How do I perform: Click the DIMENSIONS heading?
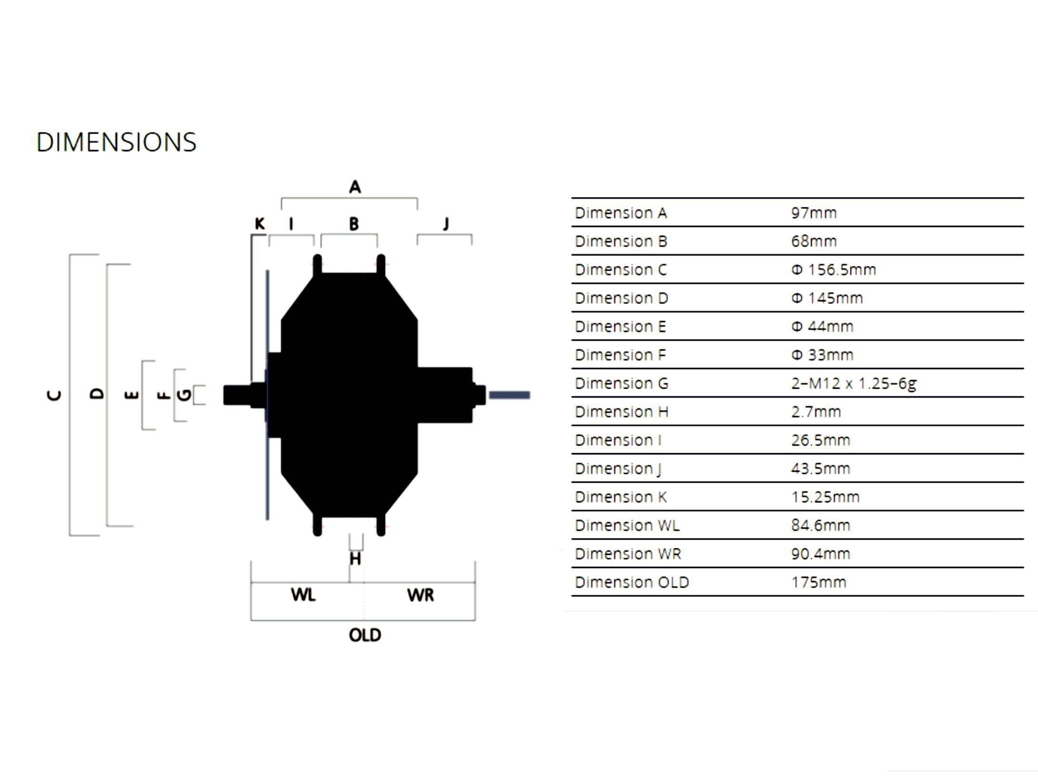click(x=116, y=142)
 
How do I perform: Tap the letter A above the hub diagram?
click(x=355, y=187)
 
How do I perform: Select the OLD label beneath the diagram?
click(x=365, y=635)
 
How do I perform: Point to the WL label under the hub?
click(x=303, y=594)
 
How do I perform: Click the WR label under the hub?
click(x=420, y=595)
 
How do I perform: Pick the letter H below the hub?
click(x=355, y=559)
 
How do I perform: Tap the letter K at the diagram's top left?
click(x=259, y=224)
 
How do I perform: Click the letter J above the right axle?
click(x=446, y=224)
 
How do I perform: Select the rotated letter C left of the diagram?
click(x=54, y=395)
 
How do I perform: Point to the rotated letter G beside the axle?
click(x=184, y=395)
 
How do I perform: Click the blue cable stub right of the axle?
click(x=509, y=395)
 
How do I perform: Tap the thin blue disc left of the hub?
click(x=268, y=395)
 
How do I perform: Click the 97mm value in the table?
click(x=814, y=213)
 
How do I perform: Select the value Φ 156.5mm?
click(x=833, y=270)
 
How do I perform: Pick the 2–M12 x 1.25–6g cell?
click(x=854, y=384)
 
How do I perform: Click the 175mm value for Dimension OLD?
click(x=818, y=582)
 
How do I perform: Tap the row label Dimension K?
click(x=621, y=497)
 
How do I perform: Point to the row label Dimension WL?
click(x=627, y=526)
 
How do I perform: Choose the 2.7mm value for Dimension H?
click(x=816, y=412)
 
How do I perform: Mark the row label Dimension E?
click(x=620, y=327)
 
